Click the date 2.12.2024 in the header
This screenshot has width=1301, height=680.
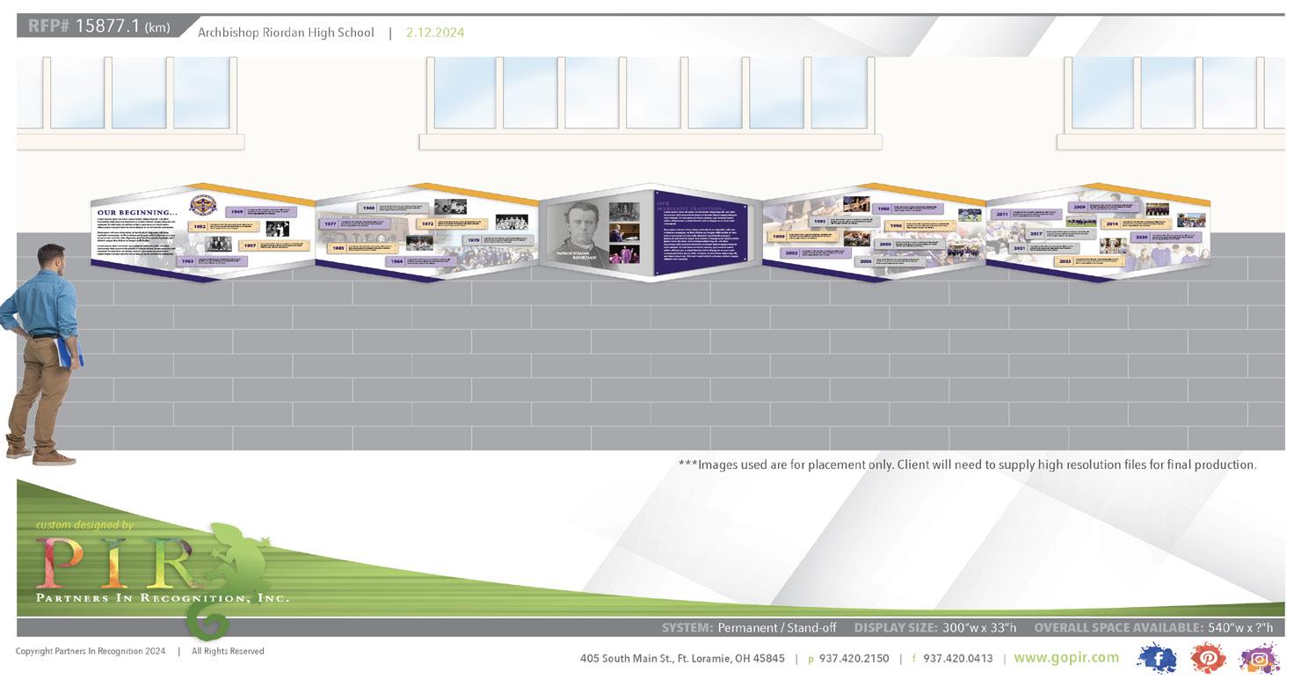click(x=434, y=33)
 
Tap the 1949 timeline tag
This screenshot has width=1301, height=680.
click(x=236, y=212)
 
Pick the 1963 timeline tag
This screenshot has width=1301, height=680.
click(x=186, y=261)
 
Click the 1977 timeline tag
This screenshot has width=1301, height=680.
click(x=330, y=224)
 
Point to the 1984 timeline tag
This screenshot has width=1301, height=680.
click(x=396, y=261)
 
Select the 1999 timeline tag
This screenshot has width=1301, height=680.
click(x=778, y=237)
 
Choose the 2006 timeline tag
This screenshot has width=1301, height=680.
click(x=865, y=261)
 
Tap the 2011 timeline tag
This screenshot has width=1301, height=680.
click(x=1001, y=214)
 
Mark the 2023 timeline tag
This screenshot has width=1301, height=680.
click(x=1065, y=261)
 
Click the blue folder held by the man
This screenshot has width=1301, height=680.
click(x=76, y=352)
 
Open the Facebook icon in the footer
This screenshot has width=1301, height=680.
click(x=1157, y=658)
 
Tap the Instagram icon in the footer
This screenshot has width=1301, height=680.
click(x=1259, y=659)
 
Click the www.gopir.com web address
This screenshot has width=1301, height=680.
click(x=1066, y=658)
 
